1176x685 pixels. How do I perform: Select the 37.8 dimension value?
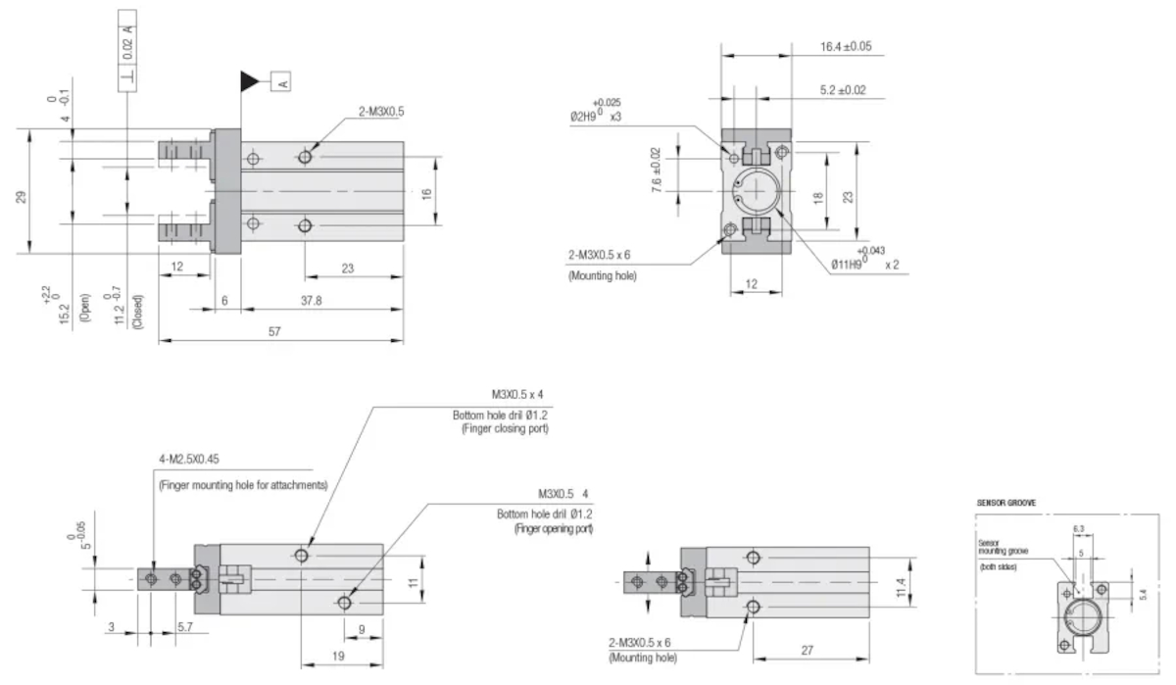(x=311, y=301)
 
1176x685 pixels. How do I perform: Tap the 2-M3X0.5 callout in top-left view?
(x=380, y=112)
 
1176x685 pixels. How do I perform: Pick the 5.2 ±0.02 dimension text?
(x=842, y=90)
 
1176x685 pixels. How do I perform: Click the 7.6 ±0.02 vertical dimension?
(x=656, y=169)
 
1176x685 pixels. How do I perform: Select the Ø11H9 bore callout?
(x=856, y=265)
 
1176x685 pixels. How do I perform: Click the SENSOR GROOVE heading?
(x=1007, y=503)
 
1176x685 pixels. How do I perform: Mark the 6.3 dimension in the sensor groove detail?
(x=1078, y=529)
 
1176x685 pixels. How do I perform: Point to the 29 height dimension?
(x=22, y=196)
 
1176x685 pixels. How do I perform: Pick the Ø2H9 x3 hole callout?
(x=595, y=116)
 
